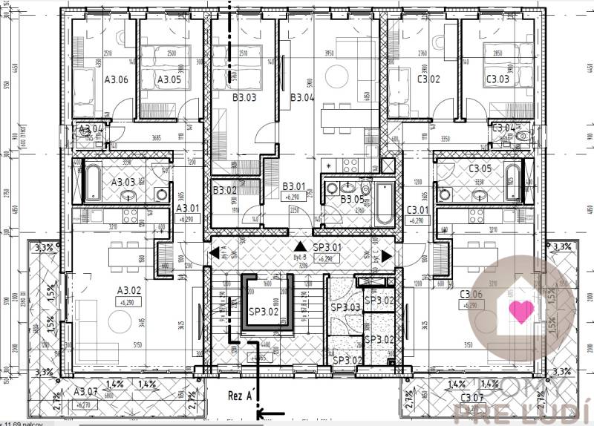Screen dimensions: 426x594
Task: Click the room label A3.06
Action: click(117, 79)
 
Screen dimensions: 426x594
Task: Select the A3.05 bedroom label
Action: click(169, 79)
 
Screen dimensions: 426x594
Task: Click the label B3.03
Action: click(244, 97)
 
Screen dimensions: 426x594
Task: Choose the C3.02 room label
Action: click(428, 79)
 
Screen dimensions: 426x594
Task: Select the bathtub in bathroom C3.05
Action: click(512, 182)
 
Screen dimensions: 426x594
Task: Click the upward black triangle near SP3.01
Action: click(298, 246)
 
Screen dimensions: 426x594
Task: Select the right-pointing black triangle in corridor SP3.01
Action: click(388, 255)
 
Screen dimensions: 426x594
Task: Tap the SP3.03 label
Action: click(345, 307)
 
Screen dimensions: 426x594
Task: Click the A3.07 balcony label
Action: click(85, 391)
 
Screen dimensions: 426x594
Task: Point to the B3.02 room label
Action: click(223, 191)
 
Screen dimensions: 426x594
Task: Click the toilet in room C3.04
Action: click(521, 137)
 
